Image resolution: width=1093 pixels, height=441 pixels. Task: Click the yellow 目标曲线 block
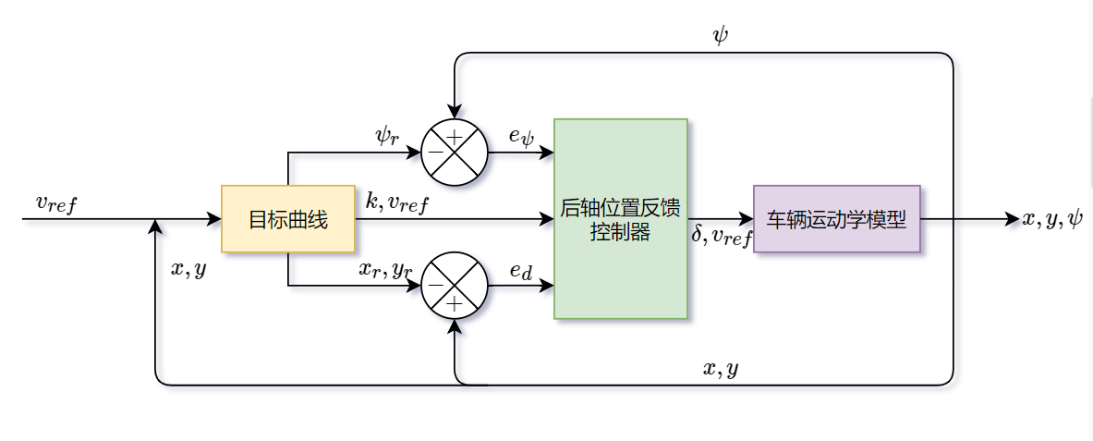[288, 219]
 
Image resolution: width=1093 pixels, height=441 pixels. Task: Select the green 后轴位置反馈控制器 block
[620, 219]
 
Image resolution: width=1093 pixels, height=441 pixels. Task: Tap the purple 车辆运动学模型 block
[836, 219]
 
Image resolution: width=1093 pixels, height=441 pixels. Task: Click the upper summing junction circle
[454, 152]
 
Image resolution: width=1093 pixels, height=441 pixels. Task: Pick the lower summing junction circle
[454, 286]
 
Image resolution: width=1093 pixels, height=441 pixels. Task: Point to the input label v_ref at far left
[56, 203]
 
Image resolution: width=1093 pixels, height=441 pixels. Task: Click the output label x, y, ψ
[1051, 219]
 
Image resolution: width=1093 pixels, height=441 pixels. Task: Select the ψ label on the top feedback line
[721, 36]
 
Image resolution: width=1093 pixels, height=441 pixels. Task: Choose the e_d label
[521, 270]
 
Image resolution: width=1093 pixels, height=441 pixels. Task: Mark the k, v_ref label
[397, 202]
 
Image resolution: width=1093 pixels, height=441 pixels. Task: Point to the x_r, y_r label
[385, 270]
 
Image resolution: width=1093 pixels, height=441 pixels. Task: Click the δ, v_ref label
[722, 237]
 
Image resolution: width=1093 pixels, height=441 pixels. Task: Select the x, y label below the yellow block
[188, 269]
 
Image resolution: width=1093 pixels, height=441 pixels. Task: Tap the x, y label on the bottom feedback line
[721, 369]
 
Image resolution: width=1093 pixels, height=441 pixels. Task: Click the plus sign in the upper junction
[454, 137]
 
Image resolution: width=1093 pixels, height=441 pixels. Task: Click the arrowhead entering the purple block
[747, 219]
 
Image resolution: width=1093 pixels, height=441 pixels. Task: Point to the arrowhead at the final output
[1012, 219]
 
